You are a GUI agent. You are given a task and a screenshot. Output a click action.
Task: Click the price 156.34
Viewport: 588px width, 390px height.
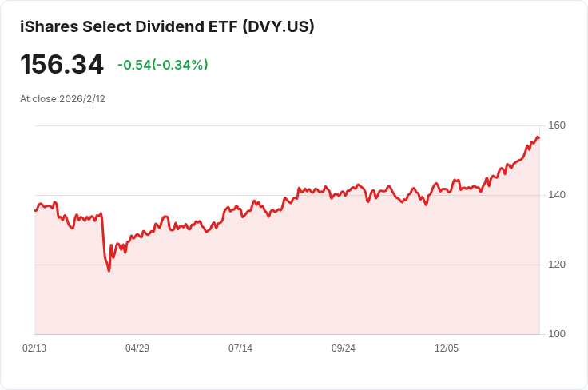point(62,65)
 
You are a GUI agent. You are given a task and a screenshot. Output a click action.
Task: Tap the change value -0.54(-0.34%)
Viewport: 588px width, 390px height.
point(162,65)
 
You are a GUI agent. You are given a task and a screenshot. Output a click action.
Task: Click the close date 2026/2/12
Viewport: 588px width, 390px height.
point(82,99)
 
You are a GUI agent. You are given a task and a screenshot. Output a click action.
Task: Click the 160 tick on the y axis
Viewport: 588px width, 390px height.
point(557,125)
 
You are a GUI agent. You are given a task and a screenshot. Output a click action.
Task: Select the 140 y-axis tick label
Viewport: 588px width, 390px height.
point(557,195)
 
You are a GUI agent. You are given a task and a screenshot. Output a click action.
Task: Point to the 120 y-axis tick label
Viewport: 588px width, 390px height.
point(557,265)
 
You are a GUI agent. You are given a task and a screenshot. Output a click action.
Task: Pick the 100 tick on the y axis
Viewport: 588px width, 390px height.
point(557,334)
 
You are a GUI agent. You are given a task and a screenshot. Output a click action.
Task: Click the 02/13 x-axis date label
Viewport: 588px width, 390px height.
point(34,348)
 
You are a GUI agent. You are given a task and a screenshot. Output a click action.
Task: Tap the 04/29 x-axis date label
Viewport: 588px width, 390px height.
point(137,348)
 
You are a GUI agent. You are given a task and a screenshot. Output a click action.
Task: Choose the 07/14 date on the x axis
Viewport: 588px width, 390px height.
point(240,348)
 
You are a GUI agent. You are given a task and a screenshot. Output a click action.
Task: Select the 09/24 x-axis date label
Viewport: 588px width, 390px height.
point(344,348)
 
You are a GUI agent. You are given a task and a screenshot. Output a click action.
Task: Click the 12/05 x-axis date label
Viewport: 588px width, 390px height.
point(447,348)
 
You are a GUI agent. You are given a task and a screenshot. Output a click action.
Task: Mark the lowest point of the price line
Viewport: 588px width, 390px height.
point(109,271)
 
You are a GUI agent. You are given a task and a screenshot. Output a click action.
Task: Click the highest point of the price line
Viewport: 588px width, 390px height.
point(538,137)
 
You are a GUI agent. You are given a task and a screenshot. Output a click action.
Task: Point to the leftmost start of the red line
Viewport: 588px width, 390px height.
point(35,210)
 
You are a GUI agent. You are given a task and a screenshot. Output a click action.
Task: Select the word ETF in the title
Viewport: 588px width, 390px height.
point(217,26)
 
